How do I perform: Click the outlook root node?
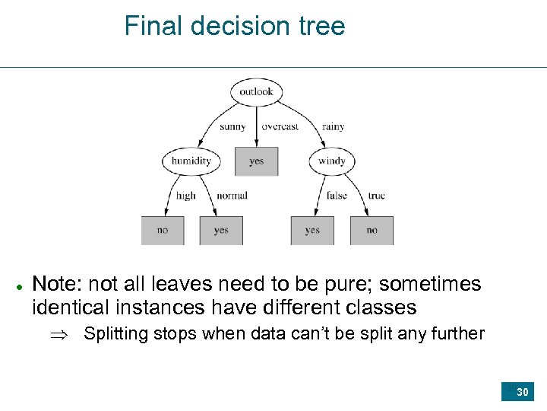click(256, 92)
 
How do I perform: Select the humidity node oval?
click(191, 161)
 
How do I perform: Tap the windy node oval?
click(331, 161)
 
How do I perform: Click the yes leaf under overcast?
click(256, 161)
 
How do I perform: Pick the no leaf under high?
click(163, 230)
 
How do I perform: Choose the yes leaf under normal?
click(221, 230)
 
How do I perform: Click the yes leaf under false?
click(312, 230)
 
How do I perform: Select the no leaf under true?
click(372, 230)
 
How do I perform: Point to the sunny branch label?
click(232, 127)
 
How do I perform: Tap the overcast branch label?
click(280, 127)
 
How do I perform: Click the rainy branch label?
click(333, 127)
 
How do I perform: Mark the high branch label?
click(185, 196)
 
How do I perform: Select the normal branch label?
click(232, 196)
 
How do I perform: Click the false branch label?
click(337, 196)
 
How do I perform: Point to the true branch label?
click(376, 196)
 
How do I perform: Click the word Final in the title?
click(154, 26)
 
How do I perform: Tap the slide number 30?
click(522, 392)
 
